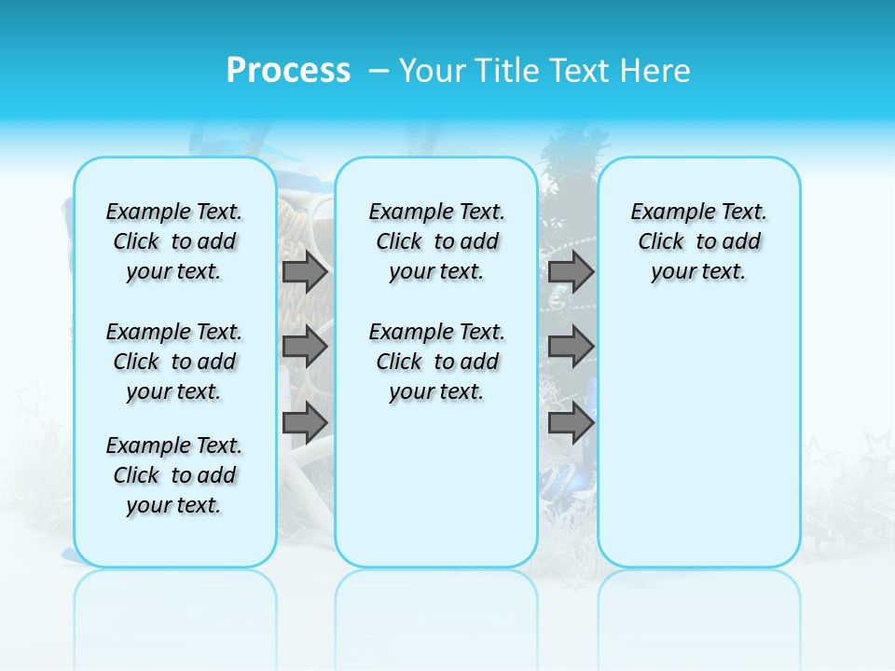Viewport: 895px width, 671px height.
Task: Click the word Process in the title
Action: (288, 70)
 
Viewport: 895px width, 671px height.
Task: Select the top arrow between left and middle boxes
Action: (305, 271)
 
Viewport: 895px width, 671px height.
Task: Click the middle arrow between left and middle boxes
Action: (305, 347)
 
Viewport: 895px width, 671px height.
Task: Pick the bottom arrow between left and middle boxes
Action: (305, 422)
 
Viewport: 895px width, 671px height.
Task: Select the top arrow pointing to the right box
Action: (571, 271)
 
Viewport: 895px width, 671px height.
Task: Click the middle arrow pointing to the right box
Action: (571, 347)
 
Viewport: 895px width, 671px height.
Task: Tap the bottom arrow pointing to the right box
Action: (571, 422)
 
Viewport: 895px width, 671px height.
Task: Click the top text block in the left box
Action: (174, 241)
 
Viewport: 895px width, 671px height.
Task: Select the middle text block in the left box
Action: (174, 362)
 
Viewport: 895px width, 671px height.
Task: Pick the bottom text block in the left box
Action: (174, 475)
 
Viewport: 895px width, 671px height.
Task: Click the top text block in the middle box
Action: (436, 241)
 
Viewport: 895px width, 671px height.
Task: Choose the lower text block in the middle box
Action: (436, 362)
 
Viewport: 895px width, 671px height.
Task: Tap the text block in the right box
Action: (698, 241)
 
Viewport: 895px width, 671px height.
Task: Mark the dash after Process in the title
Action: (379, 70)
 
